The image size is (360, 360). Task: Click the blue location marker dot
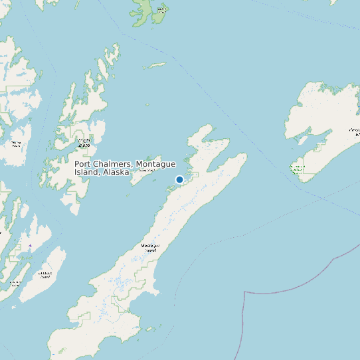[x=179, y=179]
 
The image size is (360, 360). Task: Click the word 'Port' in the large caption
[x=82, y=164]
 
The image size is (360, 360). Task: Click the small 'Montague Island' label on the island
[x=151, y=248]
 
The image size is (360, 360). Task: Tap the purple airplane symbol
[x=30, y=246]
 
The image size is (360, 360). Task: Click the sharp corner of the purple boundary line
[x=245, y=292]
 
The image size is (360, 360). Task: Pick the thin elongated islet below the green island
[x=157, y=66]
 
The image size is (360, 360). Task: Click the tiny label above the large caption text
[x=84, y=141]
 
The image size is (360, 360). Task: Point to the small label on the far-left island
[x=16, y=143]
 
